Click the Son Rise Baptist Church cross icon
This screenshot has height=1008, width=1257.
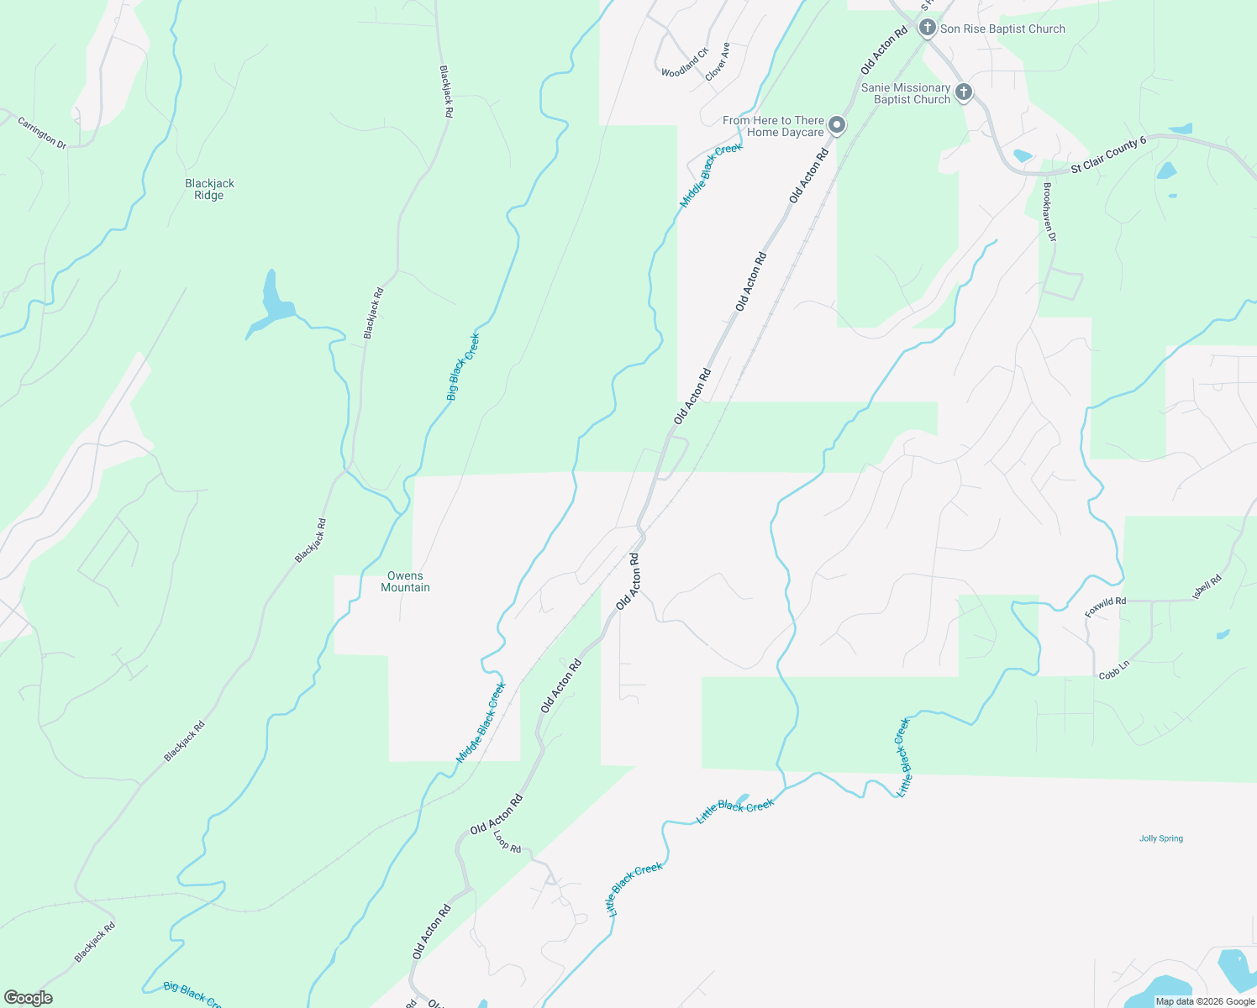point(927,29)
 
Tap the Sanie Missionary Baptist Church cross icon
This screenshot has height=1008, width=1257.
point(964,92)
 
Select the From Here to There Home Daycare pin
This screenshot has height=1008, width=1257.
point(837,126)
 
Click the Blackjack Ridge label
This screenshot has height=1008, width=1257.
point(209,189)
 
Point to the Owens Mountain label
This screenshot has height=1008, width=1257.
point(405,581)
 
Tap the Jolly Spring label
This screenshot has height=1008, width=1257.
point(1160,838)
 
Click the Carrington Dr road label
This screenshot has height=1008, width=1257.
point(42,134)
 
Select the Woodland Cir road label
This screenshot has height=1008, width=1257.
point(685,63)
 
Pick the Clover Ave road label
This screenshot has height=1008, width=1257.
point(718,61)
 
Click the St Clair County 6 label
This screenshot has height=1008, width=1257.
point(1108,156)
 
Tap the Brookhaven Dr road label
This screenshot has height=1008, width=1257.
point(1049,213)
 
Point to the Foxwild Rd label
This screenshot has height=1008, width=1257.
point(1105,607)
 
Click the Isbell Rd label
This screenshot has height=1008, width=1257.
point(1207,587)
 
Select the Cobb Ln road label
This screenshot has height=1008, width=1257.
point(1114,669)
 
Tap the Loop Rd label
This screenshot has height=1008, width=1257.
point(507,842)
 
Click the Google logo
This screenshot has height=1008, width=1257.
point(29,998)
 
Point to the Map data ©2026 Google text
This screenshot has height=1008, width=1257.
point(1205,1001)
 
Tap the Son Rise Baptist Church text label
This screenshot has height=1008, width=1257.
point(1002,29)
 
